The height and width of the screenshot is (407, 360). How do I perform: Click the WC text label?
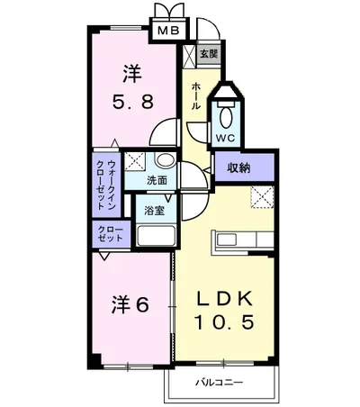point(224,138)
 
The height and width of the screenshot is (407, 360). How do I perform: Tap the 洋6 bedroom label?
point(129,303)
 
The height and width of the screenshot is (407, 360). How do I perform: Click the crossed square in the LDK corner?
point(262,195)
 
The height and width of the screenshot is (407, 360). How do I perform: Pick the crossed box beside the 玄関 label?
point(189,53)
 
